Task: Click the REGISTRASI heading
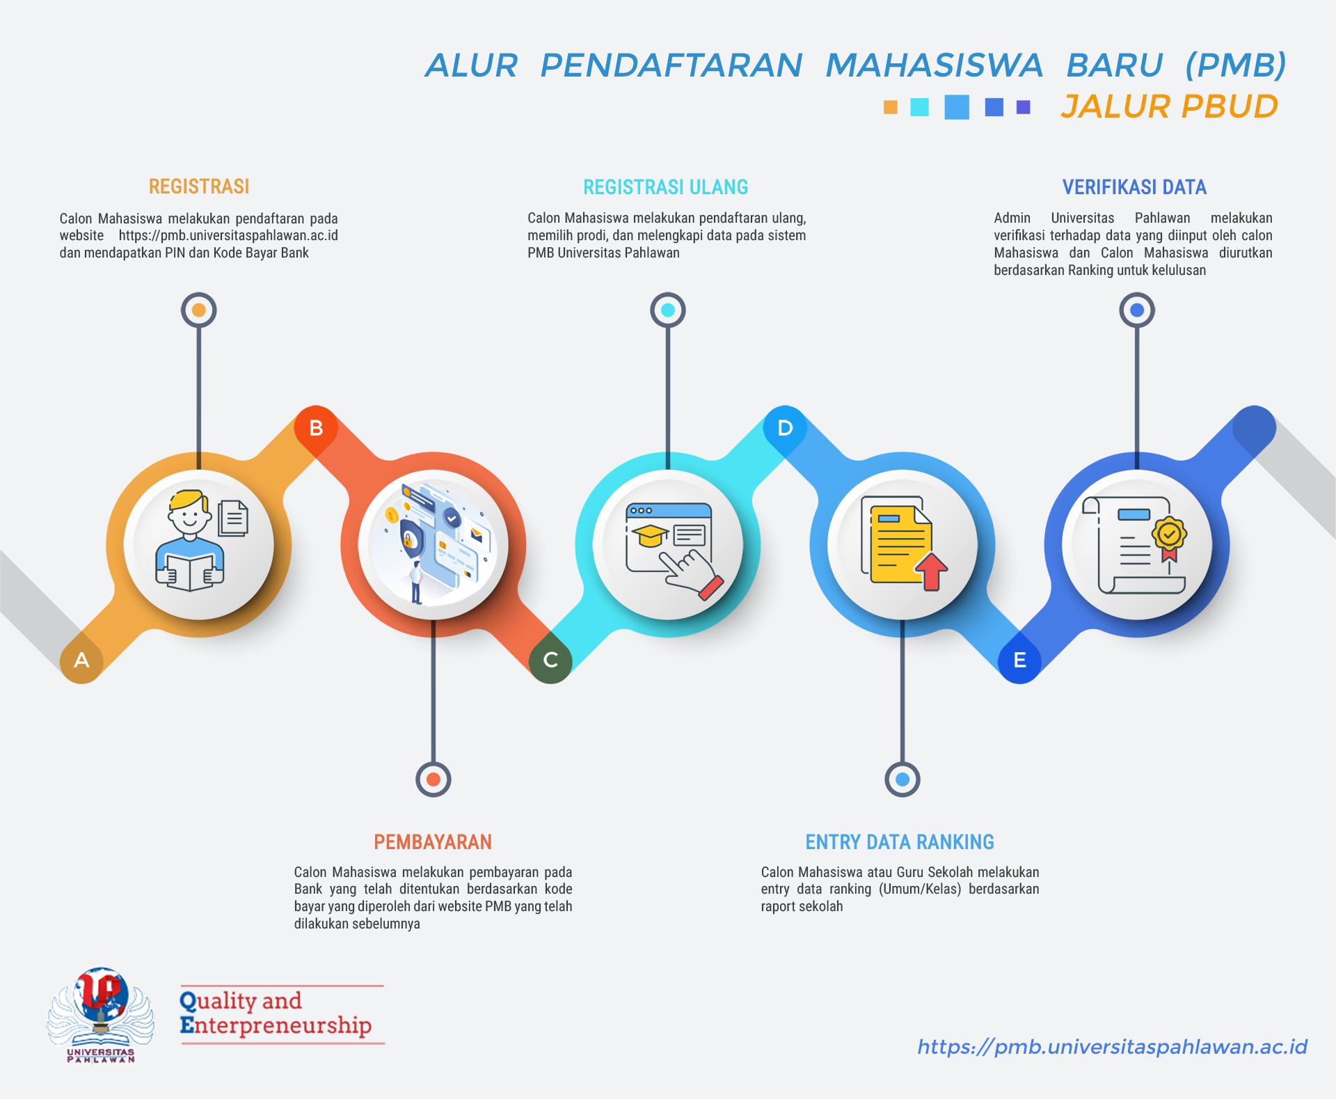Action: (199, 187)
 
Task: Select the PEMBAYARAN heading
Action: (433, 842)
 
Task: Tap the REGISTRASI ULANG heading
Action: (666, 187)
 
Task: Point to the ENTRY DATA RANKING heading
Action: (900, 842)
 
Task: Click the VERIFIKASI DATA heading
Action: (1134, 187)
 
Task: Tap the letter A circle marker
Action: (81, 661)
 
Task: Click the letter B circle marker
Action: (316, 428)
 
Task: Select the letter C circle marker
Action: (550, 661)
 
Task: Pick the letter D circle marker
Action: (785, 428)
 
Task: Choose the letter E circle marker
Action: (1019, 661)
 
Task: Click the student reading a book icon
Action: (190, 541)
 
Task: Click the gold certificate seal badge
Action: (1169, 538)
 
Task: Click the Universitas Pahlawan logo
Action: (101, 1015)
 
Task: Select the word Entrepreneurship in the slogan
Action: (276, 1025)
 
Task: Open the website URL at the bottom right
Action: (1112, 1047)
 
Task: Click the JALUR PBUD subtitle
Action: (1169, 106)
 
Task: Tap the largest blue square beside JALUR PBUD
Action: (957, 107)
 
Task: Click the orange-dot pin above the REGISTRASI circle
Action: (199, 310)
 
